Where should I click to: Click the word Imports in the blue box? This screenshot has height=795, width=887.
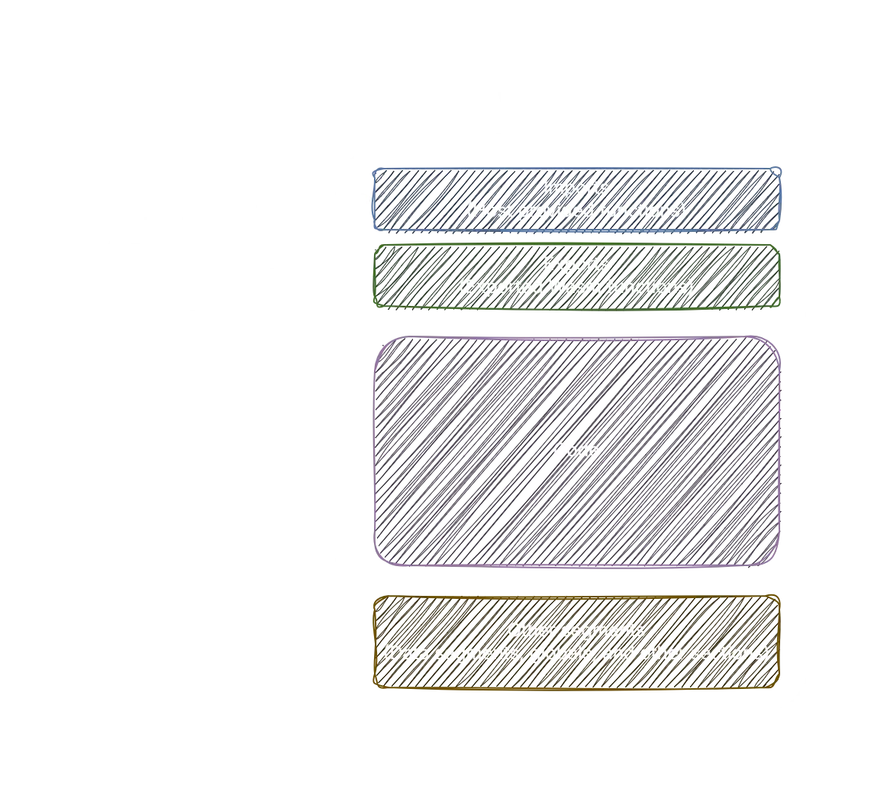tap(576, 188)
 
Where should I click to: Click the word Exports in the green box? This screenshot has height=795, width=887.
tap(576, 265)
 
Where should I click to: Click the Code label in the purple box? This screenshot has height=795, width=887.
tap(576, 451)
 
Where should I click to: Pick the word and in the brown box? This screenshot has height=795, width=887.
tap(614, 654)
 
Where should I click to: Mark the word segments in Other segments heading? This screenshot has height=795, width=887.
tap(602, 631)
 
